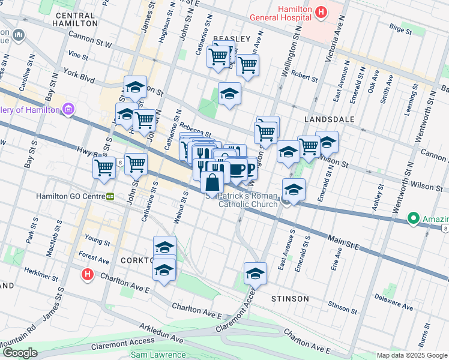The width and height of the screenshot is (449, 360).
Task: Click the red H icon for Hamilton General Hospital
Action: point(322,11)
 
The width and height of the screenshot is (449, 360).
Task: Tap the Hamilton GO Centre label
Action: point(70,196)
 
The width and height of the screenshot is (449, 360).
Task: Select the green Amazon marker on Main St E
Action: point(413,218)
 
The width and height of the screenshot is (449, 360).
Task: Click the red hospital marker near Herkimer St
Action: point(87,275)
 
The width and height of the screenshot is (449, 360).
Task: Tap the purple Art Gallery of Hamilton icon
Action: point(68,110)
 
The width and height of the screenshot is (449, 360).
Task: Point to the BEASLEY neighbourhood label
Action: point(231,39)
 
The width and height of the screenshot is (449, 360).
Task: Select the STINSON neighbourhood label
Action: point(289,298)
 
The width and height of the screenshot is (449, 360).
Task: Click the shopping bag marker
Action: point(212,182)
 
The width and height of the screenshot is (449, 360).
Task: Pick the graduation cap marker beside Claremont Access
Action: point(255,274)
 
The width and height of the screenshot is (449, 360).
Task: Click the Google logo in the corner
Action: point(19,353)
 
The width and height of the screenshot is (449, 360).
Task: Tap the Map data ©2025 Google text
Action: point(411,355)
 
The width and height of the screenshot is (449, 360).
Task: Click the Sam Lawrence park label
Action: point(158,355)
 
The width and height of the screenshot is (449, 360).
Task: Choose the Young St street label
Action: point(97,241)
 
